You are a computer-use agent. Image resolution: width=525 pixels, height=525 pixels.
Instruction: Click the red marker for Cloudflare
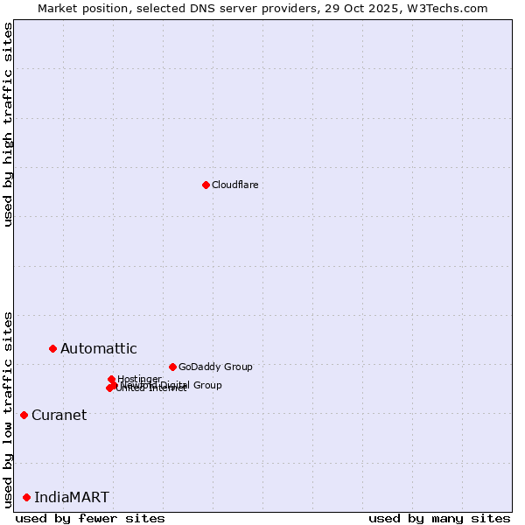tap(206, 185)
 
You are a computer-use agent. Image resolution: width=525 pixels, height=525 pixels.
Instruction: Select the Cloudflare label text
tap(235, 185)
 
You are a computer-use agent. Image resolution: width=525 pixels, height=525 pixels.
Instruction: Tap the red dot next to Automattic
tap(52, 348)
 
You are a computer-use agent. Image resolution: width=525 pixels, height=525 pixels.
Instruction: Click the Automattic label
tap(99, 349)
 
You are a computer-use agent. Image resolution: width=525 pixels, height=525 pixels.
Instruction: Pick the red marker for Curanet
tap(24, 415)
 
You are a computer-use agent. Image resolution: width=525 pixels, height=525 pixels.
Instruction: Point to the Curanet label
tap(59, 416)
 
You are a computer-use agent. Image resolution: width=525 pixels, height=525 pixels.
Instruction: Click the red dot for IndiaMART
tap(26, 497)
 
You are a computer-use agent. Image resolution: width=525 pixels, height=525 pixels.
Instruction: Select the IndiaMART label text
tap(72, 498)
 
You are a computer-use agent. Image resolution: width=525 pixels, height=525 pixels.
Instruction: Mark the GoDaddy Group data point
tap(172, 367)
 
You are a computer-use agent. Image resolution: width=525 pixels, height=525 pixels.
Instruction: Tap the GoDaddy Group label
tap(215, 367)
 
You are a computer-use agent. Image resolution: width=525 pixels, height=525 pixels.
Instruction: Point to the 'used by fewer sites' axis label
tap(90, 518)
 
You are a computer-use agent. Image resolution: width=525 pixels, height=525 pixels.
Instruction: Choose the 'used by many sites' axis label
tap(439, 518)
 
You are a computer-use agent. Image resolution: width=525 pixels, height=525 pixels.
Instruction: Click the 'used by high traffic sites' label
tap(8, 124)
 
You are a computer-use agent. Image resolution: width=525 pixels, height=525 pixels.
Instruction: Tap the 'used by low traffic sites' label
tap(8, 409)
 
